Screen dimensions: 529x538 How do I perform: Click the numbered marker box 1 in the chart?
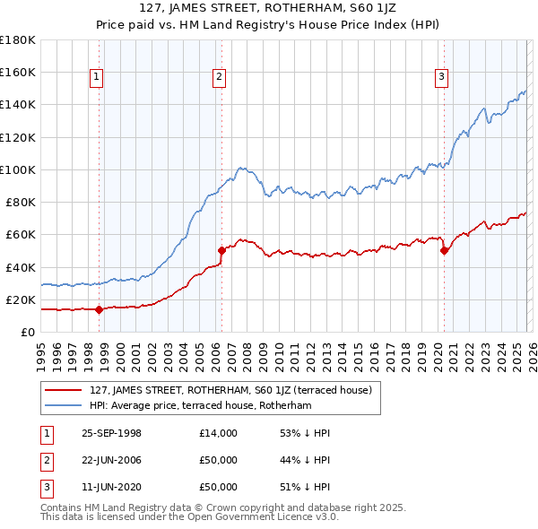96,78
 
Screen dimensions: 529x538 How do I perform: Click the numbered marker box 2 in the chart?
219,78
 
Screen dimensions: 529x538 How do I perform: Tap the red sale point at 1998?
100,309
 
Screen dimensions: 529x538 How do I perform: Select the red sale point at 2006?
221,251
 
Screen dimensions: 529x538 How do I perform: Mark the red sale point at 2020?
444,251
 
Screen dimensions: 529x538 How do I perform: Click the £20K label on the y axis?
21,299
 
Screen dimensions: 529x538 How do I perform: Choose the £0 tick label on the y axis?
27,333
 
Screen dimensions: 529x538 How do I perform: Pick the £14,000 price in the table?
218,433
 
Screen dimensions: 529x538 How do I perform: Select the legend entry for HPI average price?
200,405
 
